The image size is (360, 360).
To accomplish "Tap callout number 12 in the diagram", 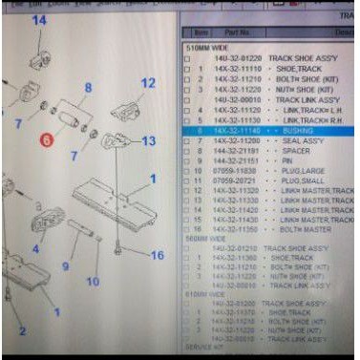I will [147, 84].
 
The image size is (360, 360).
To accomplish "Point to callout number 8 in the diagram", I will [88, 90].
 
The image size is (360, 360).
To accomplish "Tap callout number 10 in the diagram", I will [93, 281].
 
